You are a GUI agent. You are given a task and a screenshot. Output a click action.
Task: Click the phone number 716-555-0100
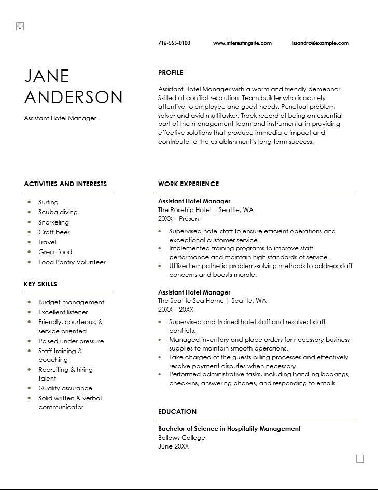(x=174, y=43)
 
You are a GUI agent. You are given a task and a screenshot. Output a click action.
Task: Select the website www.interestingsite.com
(x=242, y=43)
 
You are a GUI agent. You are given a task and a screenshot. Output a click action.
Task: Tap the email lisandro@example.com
(x=320, y=43)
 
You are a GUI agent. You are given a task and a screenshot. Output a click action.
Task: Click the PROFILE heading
(x=171, y=73)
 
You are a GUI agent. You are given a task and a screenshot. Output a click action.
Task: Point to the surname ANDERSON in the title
(x=73, y=97)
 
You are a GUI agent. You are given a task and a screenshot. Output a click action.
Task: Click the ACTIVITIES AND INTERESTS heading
(x=65, y=184)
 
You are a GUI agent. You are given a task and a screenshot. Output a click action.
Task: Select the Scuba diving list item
(x=58, y=212)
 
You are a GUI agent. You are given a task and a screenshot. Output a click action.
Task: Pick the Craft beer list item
(x=54, y=232)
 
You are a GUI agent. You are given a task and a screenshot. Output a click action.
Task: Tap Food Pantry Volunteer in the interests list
(x=72, y=262)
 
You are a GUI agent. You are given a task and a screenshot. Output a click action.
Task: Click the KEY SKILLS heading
(x=40, y=284)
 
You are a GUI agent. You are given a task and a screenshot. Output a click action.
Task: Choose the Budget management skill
(x=71, y=302)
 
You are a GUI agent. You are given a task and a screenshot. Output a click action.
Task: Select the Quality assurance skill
(x=65, y=388)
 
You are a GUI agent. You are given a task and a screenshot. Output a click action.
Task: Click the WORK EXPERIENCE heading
(x=188, y=184)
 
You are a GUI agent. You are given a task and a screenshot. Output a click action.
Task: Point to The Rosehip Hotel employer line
(x=205, y=210)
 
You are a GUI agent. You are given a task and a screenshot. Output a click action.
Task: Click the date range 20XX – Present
(x=179, y=219)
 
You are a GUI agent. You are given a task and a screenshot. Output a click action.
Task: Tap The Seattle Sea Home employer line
(x=212, y=301)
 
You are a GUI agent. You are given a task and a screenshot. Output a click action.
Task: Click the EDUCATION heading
(x=177, y=412)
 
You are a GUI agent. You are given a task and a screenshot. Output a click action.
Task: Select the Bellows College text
(x=181, y=438)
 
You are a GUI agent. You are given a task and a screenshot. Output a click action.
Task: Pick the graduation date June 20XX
(x=173, y=446)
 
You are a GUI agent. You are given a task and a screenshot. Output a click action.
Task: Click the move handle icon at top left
(x=20, y=26)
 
